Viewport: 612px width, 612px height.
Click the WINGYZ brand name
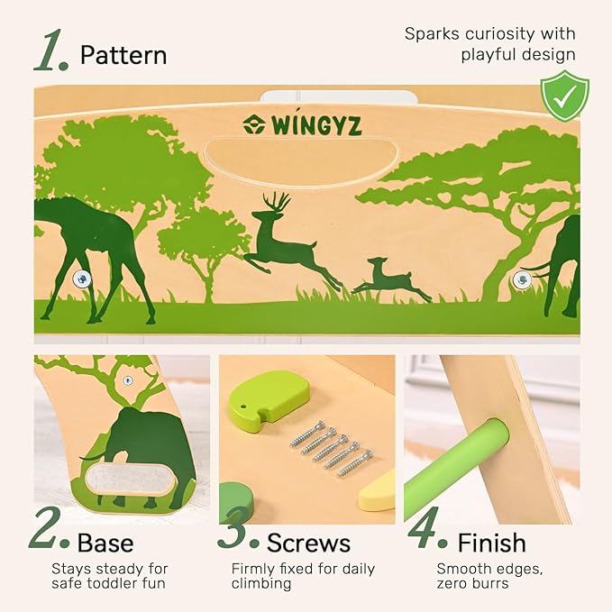click(316, 124)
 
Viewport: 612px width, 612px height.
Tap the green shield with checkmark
click(564, 96)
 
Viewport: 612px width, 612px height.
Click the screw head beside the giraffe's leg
click(82, 279)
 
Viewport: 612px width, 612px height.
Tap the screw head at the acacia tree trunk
click(522, 279)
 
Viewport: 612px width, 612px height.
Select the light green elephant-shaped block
click(269, 397)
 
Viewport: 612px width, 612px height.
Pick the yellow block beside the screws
click(377, 489)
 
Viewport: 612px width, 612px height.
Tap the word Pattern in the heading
click(123, 55)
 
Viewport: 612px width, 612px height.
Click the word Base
click(105, 543)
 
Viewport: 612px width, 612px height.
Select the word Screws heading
click(308, 543)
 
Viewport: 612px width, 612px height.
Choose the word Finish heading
click(491, 543)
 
